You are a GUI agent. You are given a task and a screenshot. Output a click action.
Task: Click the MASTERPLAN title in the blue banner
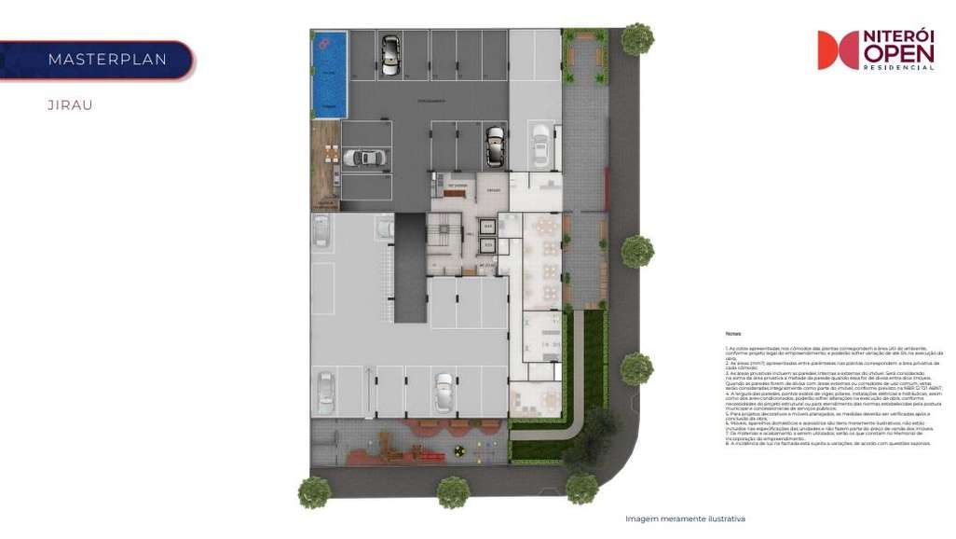107,60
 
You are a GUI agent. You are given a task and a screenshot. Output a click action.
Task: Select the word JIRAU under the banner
70,105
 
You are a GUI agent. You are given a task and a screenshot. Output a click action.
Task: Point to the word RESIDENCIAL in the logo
898,68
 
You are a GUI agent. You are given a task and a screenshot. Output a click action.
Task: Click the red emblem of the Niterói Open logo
838,50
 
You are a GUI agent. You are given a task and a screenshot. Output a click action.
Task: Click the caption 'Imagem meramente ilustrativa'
685,518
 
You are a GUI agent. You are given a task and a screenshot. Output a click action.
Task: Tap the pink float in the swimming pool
323,43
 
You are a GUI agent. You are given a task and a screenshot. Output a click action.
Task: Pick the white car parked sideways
363,158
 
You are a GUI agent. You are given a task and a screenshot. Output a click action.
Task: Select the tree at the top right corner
637,38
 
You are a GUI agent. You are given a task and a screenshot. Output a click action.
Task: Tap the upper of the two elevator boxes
487,227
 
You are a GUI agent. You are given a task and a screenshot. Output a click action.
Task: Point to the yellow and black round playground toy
458,451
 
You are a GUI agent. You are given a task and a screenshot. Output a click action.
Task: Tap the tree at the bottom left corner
314,491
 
